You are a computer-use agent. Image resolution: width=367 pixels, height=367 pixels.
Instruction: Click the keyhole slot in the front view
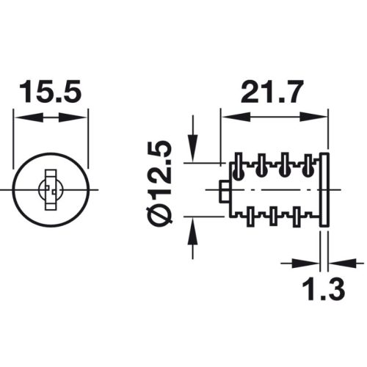coord(51,190)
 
